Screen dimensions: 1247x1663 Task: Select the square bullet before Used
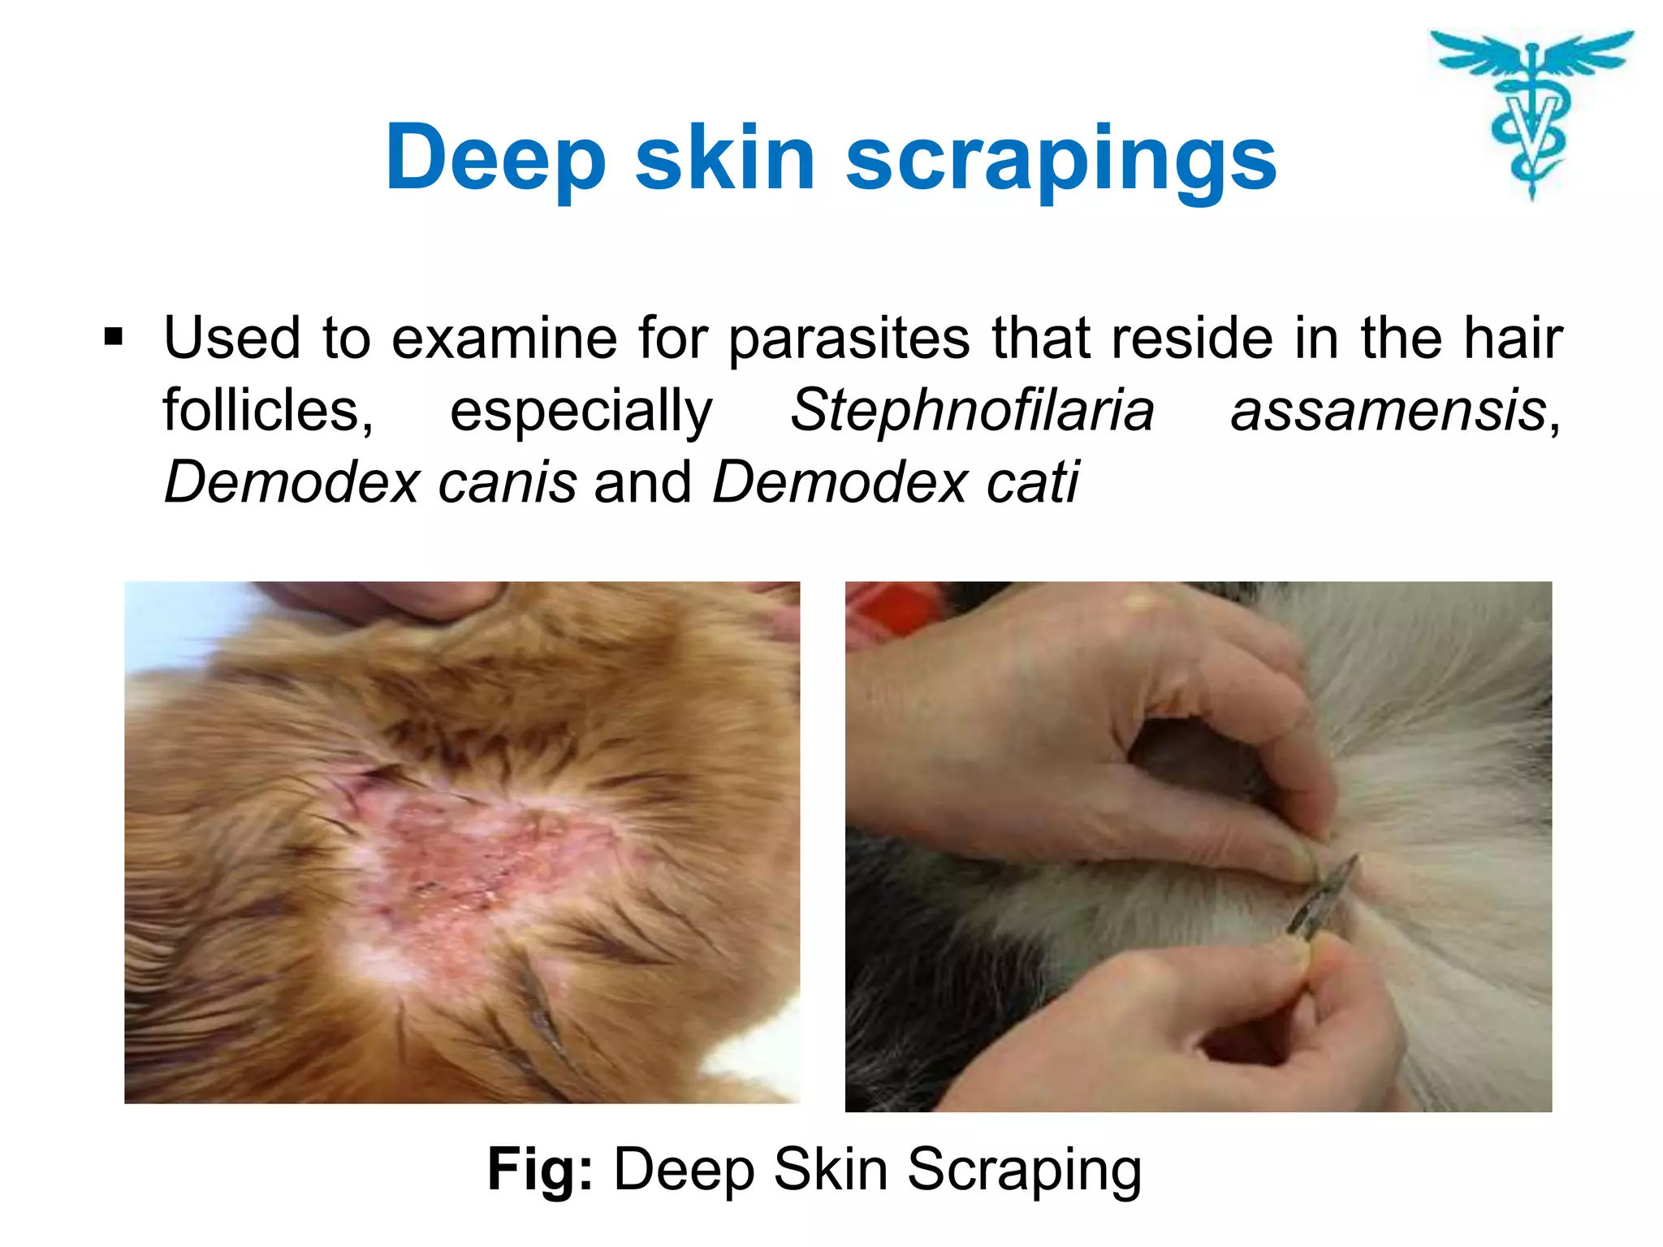(x=114, y=336)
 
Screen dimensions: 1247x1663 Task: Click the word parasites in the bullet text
(x=849, y=339)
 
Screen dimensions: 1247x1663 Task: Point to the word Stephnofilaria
(x=972, y=410)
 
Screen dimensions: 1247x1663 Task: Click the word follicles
(x=268, y=410)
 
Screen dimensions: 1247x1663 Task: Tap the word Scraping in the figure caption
(x=1024, y=1171)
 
